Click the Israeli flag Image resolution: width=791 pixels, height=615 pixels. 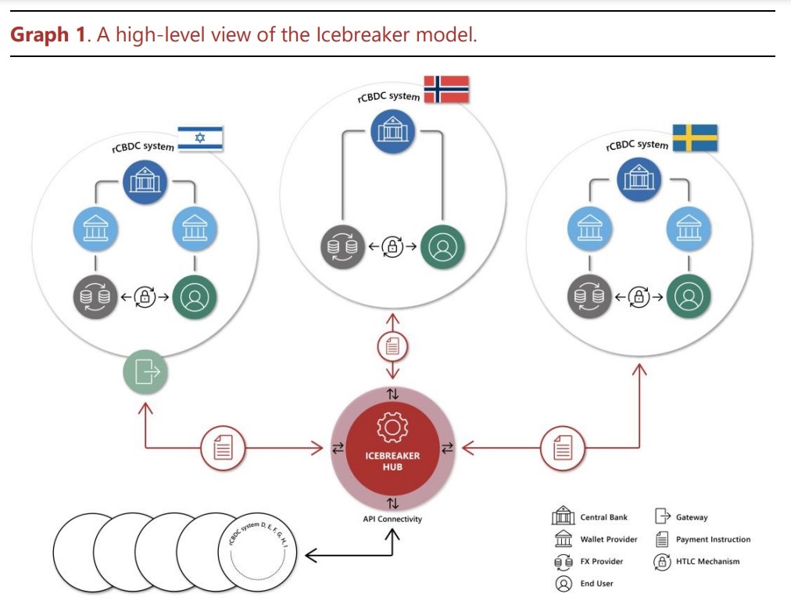[200, 138]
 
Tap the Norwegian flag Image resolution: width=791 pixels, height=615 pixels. [446, 89]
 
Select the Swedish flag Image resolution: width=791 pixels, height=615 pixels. [695, 138]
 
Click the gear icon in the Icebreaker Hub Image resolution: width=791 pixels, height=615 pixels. [392, 427]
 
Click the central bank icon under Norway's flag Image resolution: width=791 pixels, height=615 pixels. [392, 131]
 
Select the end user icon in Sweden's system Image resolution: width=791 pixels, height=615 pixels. [689, 296]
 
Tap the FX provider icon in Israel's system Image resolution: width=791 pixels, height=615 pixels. [96, 297]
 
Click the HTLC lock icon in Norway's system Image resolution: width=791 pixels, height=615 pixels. [392, 248]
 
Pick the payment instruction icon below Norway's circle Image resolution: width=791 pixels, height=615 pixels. [392, 345]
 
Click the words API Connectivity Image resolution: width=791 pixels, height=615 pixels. [392, 519]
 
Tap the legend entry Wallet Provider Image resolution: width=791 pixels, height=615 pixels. [608, 539]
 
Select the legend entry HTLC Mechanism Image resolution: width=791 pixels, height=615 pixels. [707, 561]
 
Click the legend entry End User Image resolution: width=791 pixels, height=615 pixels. [596, 583]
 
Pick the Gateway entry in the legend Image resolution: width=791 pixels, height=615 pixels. [691, 517]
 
